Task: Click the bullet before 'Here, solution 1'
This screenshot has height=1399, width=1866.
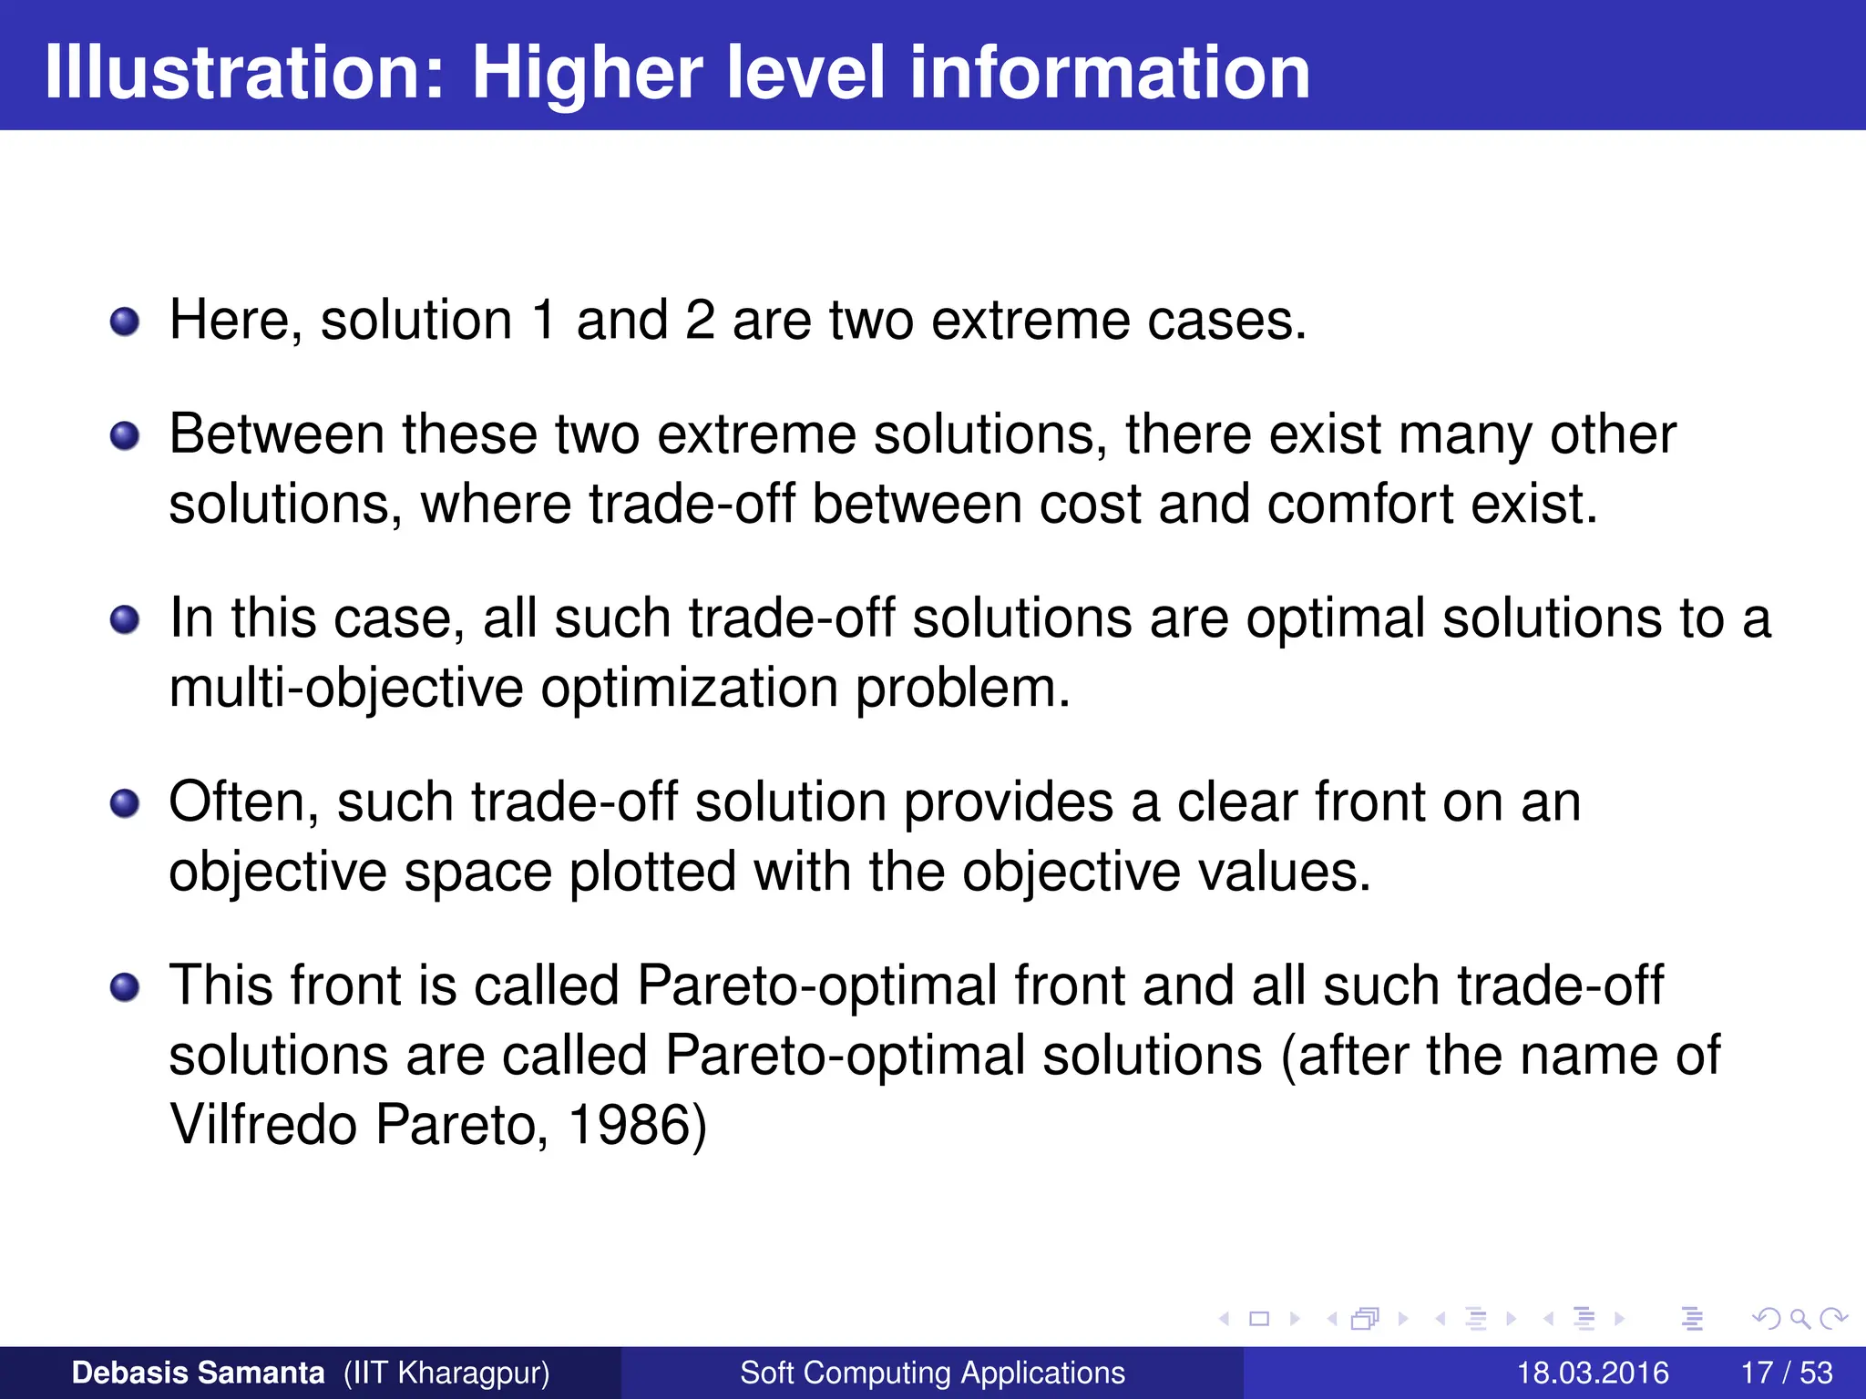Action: tap(125, 322)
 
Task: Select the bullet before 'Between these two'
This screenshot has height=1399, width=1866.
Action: tap(125, 436)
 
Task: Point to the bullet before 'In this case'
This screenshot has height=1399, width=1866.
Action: tap(125, 620)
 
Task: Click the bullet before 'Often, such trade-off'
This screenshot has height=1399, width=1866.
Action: tap(125, 804)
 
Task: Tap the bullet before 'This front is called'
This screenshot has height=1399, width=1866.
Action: tap(125, 988)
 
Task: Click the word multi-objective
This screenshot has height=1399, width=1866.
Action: tap(346, 689)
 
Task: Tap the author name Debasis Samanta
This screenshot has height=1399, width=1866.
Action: tap(198, 1373)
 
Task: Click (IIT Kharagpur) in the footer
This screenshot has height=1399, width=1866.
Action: tap(446, 1373)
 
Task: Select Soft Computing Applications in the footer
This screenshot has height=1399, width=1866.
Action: tap(932, 1373)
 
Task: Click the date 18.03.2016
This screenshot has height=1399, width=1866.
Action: tap(1592, 1373)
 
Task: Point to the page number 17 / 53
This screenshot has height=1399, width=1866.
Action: tap(1786, 1373)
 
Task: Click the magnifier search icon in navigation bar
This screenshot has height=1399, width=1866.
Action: tap(1799, 1318)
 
